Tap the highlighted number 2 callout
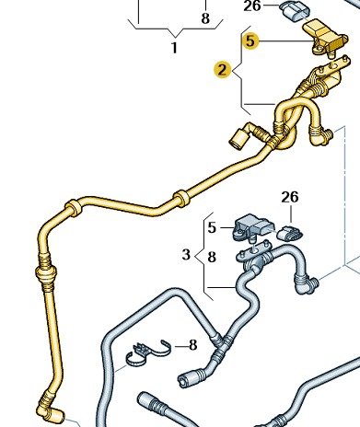coord(222,69)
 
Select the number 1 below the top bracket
coord(174,47)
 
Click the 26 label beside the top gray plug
coord(251,6)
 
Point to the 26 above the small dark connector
coord(290,197)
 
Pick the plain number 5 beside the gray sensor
coord(212,227)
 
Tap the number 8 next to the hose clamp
coord(193,345)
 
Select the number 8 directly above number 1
coord(204,17)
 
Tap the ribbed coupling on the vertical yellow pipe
coord(42,273)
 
